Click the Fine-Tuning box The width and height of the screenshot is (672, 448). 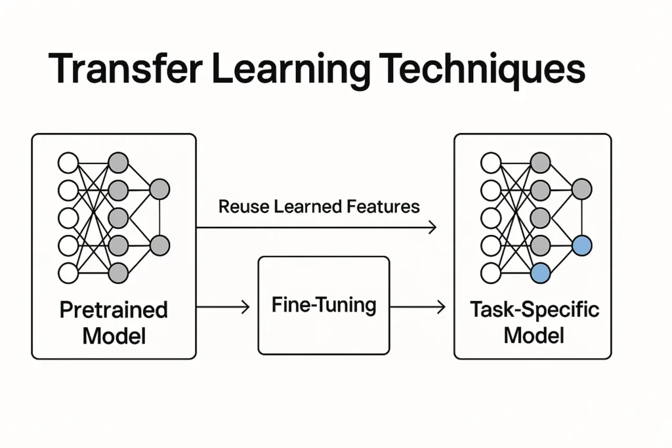[x=324, y=306]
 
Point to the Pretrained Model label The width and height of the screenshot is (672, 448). [x=114, y=323]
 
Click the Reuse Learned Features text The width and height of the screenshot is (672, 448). [x=319, y=207]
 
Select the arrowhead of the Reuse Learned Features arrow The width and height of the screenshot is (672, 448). [x=432, y=228]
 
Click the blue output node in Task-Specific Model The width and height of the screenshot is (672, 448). [x=581, y=246]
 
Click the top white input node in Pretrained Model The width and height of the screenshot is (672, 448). [x=68, y=162]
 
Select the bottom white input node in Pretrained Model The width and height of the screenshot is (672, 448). [x=68, y=273]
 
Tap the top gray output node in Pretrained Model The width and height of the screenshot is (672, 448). [x=159, y=190]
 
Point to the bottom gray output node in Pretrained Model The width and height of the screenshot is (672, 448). [x=159, y=246]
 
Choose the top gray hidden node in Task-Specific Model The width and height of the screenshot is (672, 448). [x=540, y=162]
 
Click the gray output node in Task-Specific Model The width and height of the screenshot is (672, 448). [x=581, y=190]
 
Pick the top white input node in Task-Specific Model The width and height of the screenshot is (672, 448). [x=490, y=162]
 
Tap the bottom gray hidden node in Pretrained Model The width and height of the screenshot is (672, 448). [x=117, y=273]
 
